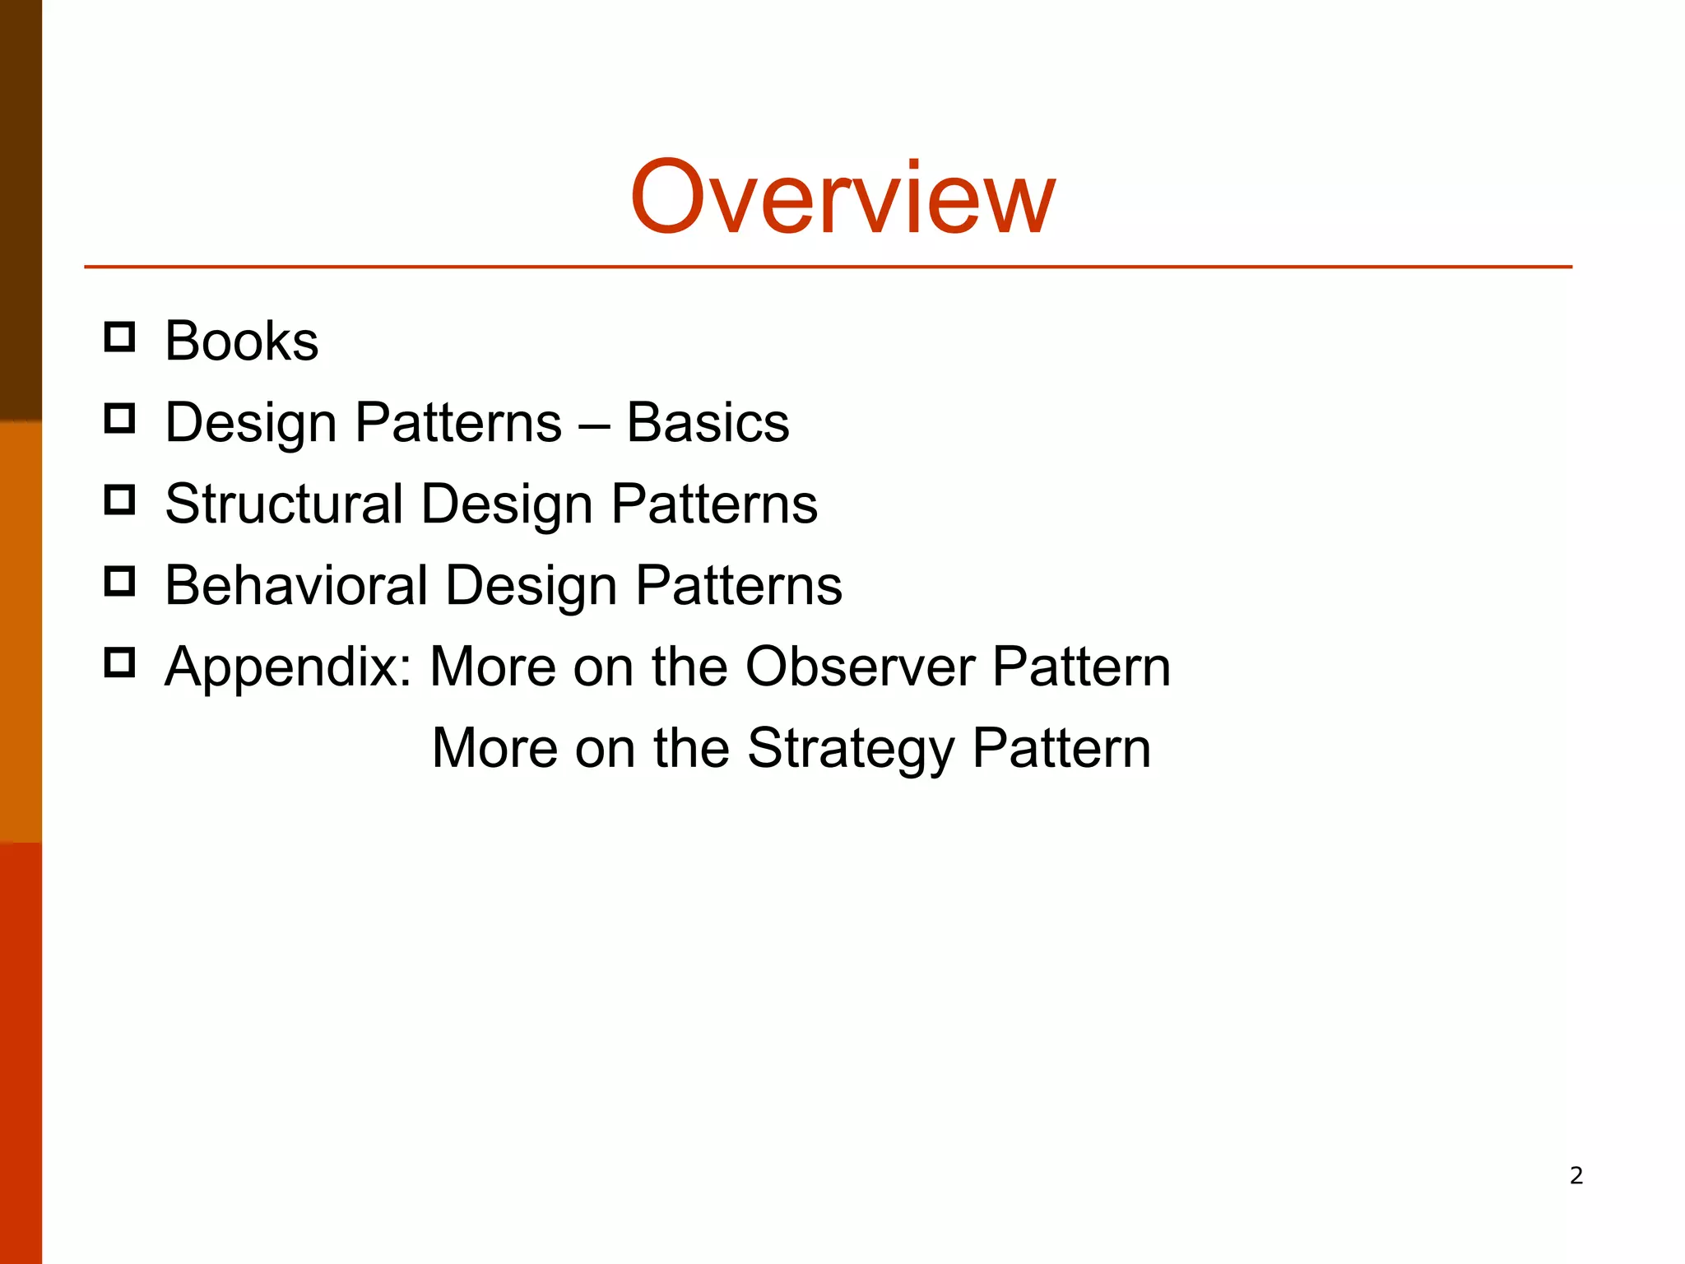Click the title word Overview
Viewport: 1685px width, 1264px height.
point(842,198)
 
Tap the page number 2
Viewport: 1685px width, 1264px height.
point(1576,1175)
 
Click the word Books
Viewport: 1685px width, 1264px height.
point(241,341)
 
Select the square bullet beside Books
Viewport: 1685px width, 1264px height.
point(120,337)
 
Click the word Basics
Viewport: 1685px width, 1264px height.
point(708,422)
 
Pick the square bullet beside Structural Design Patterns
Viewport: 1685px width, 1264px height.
point(120,500)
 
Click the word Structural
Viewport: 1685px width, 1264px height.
point(284,503)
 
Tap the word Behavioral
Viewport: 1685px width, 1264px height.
point(296,585)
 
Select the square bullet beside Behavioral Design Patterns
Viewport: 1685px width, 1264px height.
point(120,581)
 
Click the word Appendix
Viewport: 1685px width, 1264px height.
point(288,667)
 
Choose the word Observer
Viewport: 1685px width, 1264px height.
point(860,666)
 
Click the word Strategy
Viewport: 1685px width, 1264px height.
point(851,748)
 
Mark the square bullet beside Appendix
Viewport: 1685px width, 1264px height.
point(120,662)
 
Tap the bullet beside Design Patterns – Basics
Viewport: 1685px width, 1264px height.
point(120,419)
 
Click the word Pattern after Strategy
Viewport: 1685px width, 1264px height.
point(1061,748)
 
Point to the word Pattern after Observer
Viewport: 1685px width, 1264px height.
point(1081,666)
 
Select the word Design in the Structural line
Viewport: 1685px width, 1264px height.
point(507,504)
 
